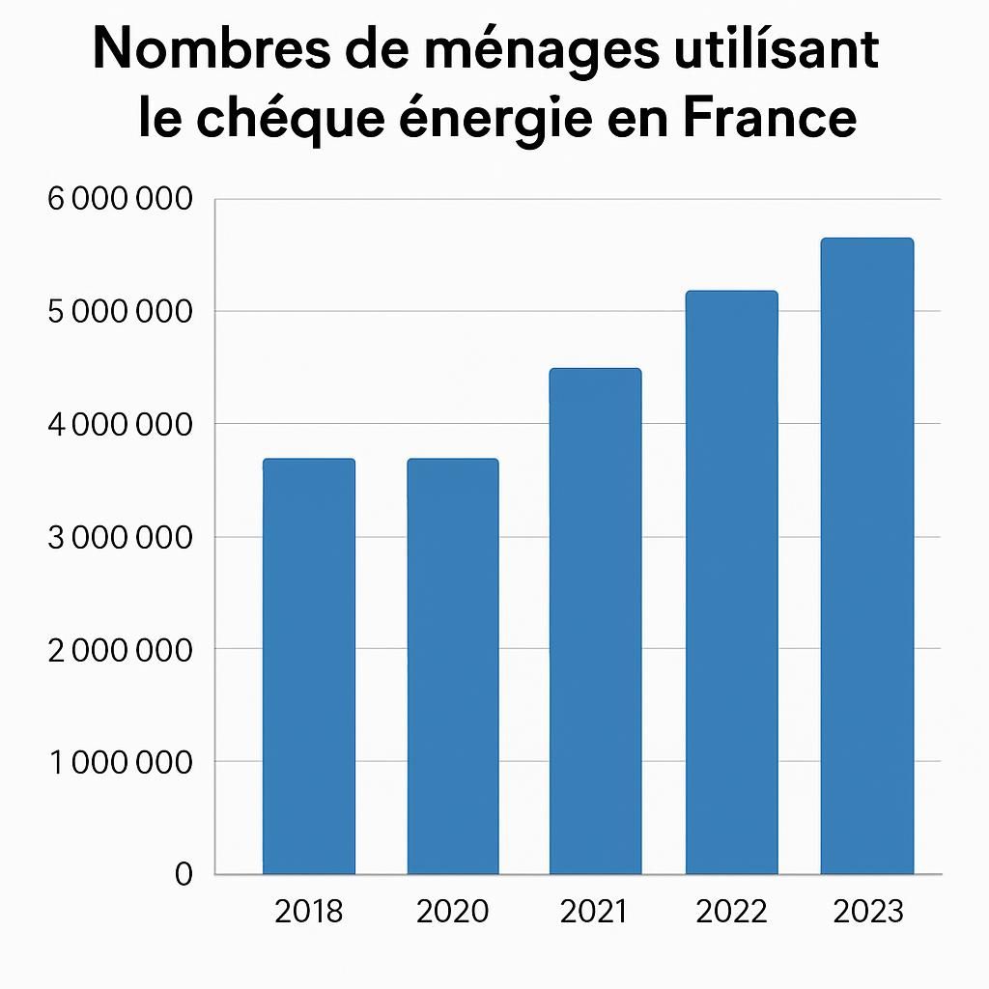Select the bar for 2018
click(309, 666)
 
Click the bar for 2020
click(453, 666)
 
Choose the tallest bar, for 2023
click(866, 556)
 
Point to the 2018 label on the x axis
click(309, 911)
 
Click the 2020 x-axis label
click(453, 911)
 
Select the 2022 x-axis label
click(731, 911)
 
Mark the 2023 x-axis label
click(867, 911)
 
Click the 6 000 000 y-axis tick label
click(120, 200)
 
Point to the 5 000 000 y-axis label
click(120, 312)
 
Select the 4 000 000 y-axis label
click(120, 424)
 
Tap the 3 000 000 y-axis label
click(120, 537)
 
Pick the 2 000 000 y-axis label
click(120, 649)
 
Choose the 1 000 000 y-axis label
click(120, 762)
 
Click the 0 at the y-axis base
click(184, 874)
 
